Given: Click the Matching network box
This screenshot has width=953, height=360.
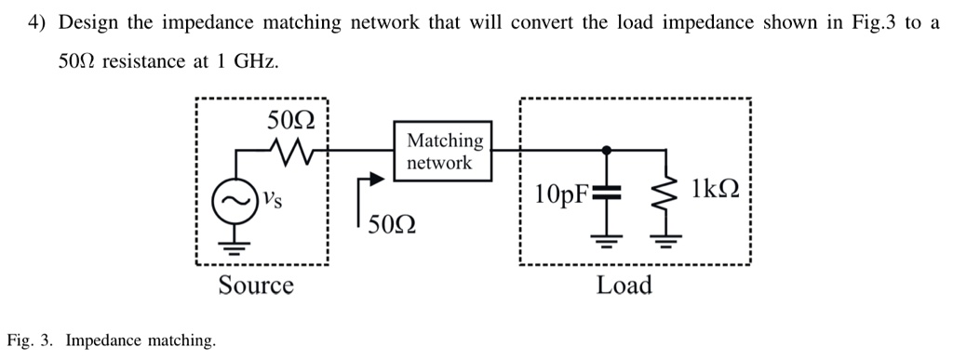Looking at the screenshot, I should (x=446, y=151).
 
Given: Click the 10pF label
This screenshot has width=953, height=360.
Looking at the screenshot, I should (x=562, y=194).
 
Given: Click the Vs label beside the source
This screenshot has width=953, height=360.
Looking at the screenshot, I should (x=269, y=197).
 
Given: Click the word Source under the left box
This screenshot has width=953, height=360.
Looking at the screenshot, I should (x=256, y=285).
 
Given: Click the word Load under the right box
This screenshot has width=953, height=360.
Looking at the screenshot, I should (x=624, y=285).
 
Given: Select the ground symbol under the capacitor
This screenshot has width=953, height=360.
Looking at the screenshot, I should (x=606, y=245).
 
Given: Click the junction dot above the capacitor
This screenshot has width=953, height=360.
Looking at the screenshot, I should (x=606, y=148).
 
